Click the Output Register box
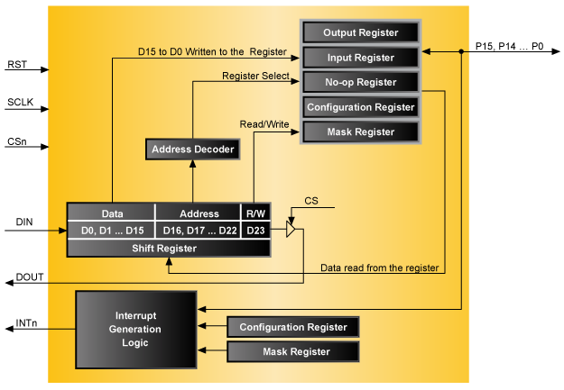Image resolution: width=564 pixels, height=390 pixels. pyautogui.click(x=361, y=32)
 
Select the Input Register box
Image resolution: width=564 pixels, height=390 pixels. pyautogui.click(x=361, y=58)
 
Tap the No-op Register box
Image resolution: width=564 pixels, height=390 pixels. pyautogui.click(x=361, y=82)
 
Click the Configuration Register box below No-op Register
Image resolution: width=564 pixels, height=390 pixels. pyautogui.click(x=361, y=107)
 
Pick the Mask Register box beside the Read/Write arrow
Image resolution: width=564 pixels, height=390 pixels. pyautogui.click(x=361, y=132)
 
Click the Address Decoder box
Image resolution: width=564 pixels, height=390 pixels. pyautogui.click(x=192, y=150)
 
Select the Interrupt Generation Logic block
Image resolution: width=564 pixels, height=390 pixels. pyautogui.click(x=135, y=330)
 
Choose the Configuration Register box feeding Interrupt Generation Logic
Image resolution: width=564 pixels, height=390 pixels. pyautogui.click(x=293, y=326)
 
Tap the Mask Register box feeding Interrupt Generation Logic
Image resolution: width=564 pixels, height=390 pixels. pyautogui.click(x=293, y=351)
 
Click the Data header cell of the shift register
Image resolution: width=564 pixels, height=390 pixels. pyautogui.click(x=112, y=213)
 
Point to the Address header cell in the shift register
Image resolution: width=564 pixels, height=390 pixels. pyautogui.click(x=199, y=213)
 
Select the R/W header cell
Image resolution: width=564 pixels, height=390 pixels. pyautogui.click(x=256, y=213)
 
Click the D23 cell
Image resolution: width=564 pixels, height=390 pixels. pyautogui.click(x=256, y=231)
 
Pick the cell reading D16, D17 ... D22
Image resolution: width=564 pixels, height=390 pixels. pyautogui.click(x=199, y=231)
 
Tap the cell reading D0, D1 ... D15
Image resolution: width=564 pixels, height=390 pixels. pyautogui.click(x=112, y=231)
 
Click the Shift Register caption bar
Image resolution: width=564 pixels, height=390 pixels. pyautogui.click(x=169, y=248)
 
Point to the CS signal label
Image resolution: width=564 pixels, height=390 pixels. pyautogui.click(x=311, y=201)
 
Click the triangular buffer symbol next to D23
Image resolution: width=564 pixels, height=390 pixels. pyautogui.click(x=291, y=231)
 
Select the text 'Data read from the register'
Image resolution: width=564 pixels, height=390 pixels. pyautogui.click(x=380, y=268)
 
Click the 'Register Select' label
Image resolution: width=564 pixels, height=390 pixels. pyautogui.click(x=255, y=76)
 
